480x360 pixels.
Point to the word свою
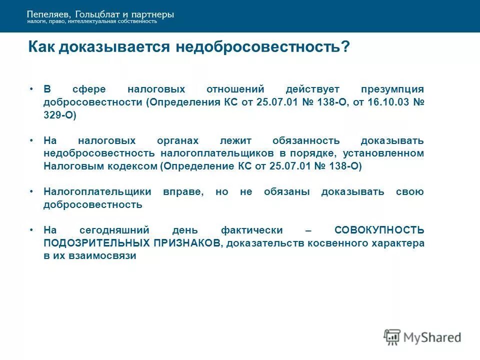(x=410, y=192)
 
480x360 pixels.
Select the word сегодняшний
(x=115, y=230)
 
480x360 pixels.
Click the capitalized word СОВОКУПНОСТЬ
(x=379, y=230)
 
